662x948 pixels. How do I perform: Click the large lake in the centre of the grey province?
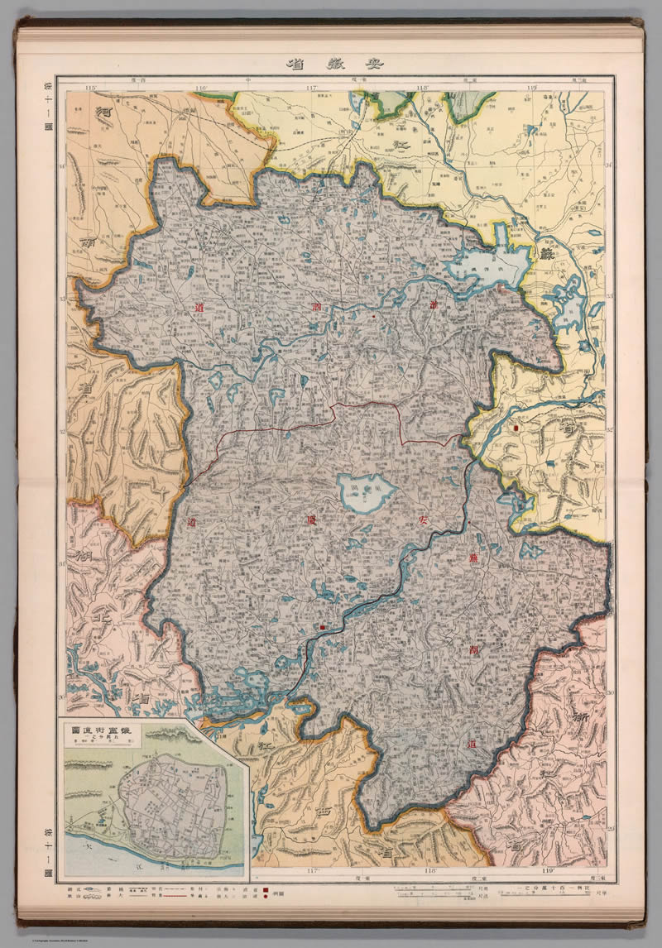point(366,494)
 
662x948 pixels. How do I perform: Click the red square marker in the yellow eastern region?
point(517,429)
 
